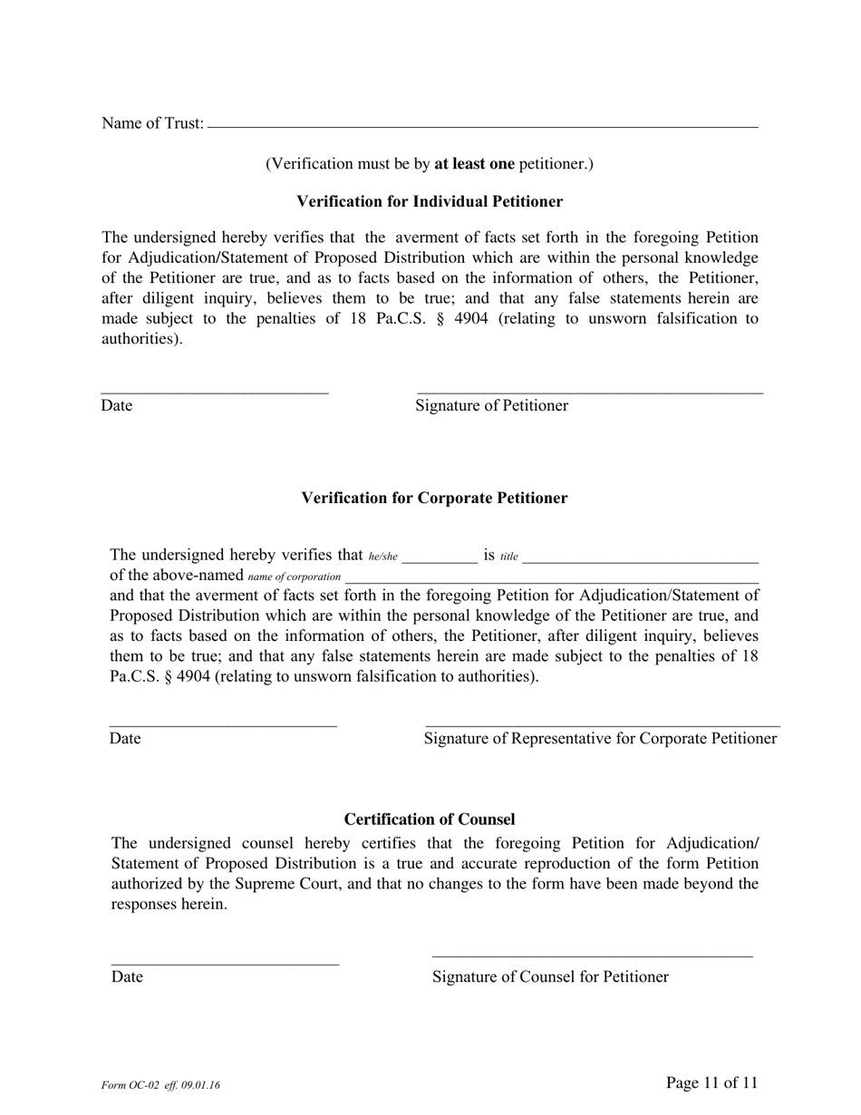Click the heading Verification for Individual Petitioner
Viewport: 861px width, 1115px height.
click(430, 201)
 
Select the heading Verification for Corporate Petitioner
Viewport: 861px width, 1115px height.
click(434, 498)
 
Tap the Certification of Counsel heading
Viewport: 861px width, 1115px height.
click(430, 819)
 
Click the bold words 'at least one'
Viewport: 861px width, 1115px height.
click(474, 164)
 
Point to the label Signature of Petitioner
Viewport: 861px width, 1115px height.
click(491, 405)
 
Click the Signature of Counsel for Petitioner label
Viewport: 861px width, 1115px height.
click(550, 976)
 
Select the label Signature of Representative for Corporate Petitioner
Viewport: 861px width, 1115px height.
click(600, 738)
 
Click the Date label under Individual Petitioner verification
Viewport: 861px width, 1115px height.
click(117, 405)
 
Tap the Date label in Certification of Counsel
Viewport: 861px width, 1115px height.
click(127, 976)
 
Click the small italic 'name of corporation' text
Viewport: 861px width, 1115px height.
click(294, 577)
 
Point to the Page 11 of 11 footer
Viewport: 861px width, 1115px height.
click(711, 1082)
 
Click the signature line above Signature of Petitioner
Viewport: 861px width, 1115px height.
click(589, 393)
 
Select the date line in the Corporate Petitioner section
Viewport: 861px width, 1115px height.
click(223, 725)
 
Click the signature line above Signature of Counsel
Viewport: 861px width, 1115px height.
click(592, 955)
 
